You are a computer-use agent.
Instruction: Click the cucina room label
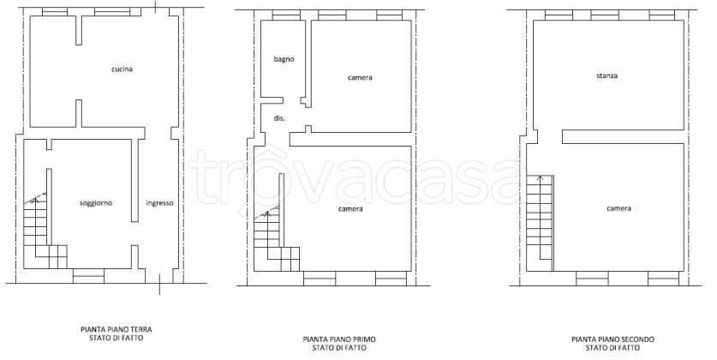[122, 69]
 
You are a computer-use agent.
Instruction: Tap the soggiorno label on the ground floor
[96, 202]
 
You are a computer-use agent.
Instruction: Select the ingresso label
[159, 202]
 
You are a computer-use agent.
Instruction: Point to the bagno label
[284, 59]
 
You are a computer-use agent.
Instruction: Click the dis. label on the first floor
[279, 118]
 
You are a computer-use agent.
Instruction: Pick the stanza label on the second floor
[606, 75]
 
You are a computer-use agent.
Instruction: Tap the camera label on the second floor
[618, 208]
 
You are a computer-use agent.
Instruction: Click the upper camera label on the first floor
[360, 78]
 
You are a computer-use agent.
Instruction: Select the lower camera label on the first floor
[350, 209]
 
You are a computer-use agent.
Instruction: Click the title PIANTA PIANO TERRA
[117, 329]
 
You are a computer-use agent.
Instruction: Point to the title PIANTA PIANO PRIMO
[339, 339]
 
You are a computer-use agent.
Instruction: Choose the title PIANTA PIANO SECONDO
[612, 339]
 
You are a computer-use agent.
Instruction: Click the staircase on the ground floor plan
[45, 233]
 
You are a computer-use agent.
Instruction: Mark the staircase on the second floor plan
[540, 223]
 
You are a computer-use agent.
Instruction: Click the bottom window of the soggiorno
[89, 276]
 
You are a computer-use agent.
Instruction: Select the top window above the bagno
[286, 15]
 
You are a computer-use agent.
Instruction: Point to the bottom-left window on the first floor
[320, 279]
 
